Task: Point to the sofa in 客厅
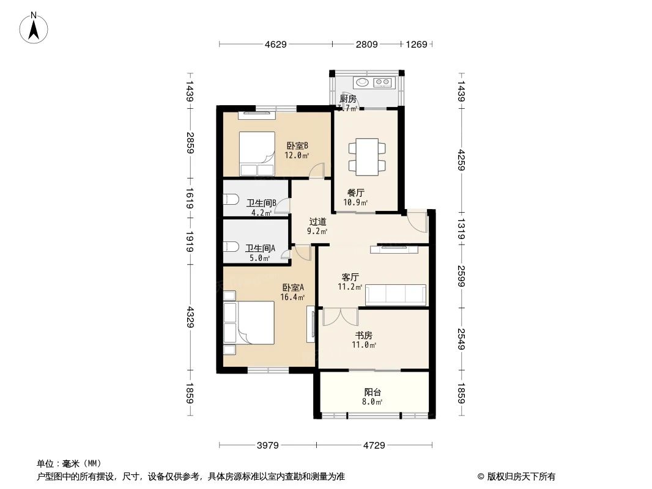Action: click(396, 295)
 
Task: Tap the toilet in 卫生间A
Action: click(230, 246)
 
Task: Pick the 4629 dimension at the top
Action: click(276, 44)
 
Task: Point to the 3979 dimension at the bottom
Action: click(267, 445)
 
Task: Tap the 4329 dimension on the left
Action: click(190, 318)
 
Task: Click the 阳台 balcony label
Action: click(372, 392)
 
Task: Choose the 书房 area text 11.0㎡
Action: click(363, 345)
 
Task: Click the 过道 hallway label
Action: click(317, 222)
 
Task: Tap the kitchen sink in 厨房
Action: click(362, 82)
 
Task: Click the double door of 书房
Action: click(340, 317)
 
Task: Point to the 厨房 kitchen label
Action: click(347, 98)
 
